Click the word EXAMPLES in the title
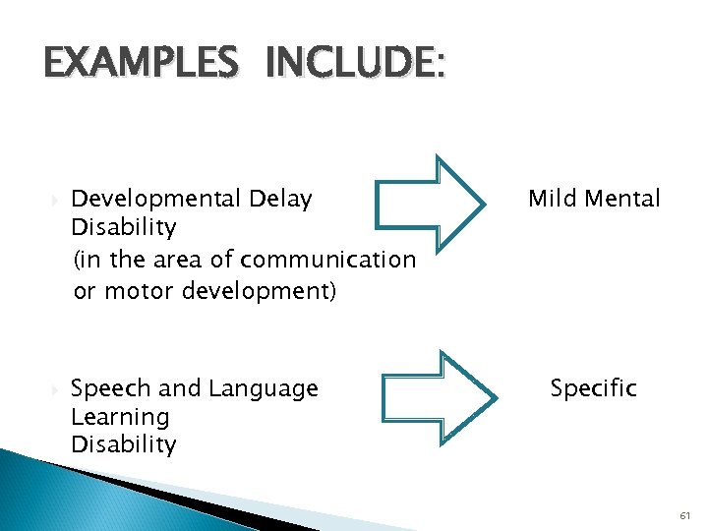point(140,64)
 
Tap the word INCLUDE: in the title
point(354,64)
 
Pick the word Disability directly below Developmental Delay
point(124,228)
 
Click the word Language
point(262,389)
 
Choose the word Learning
point(120,417)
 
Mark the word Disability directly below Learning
point(124,444)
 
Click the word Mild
point(552,199)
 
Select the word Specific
point(594,388)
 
